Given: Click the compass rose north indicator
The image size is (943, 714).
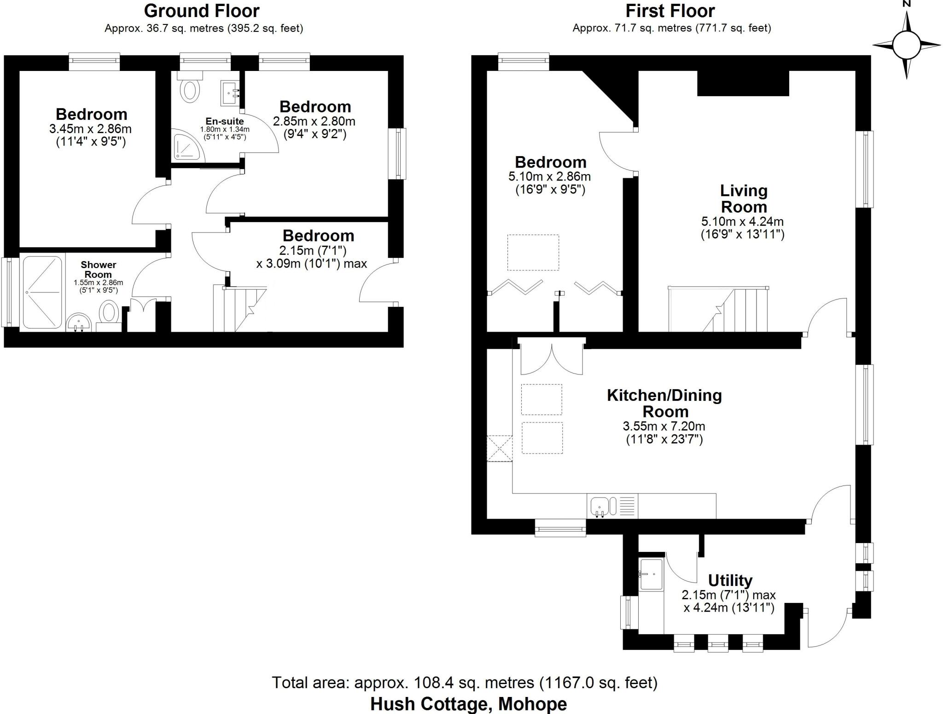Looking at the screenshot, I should click(906, 45).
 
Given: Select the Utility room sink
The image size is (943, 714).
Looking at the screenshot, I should click(651, 574).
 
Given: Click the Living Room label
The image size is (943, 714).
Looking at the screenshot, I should click(743, 199).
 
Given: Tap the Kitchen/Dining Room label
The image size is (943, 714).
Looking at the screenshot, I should click(664, 403).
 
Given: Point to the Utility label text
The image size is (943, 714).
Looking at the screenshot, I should click(730, 580).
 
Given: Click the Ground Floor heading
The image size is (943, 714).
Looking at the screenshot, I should click(202, 11).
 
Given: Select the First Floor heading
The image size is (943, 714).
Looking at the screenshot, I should click(670, 11).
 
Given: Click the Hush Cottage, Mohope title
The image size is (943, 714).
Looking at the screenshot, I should click(468, 703).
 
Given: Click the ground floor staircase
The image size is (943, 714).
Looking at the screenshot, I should click(239, 308).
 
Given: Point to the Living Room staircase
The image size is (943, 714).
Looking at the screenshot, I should click(718, 309).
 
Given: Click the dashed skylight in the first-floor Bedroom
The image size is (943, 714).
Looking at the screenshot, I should click(533, 252).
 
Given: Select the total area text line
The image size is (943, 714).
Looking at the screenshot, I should click(464, 682).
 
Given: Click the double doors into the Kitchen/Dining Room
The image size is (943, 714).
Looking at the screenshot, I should click(551, 358).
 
